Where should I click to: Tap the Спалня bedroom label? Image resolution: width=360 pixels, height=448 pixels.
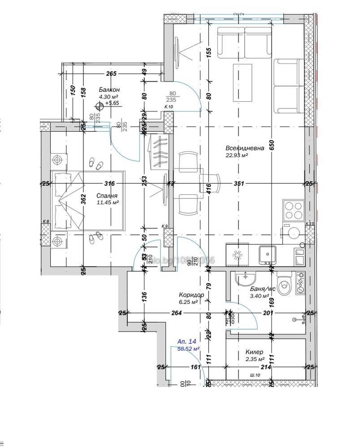tap(107, 196)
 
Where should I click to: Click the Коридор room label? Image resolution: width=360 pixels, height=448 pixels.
tap(191, 295)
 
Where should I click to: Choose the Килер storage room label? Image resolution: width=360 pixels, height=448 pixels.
tap(254, 352)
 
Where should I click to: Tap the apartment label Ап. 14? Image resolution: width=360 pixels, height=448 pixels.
tap(187, 341)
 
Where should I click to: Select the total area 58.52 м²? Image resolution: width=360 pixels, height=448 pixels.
tap(189, 348)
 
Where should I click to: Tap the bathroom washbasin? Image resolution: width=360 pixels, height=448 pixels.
tap(245, 279)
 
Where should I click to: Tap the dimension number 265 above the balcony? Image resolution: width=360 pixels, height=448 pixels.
tap(111, 74)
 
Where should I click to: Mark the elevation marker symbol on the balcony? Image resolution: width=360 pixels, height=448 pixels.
tap(99, 107)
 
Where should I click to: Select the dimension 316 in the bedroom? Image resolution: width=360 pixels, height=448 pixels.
tap(109, 183)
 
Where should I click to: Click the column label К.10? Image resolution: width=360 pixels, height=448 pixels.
tap(168, 108)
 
